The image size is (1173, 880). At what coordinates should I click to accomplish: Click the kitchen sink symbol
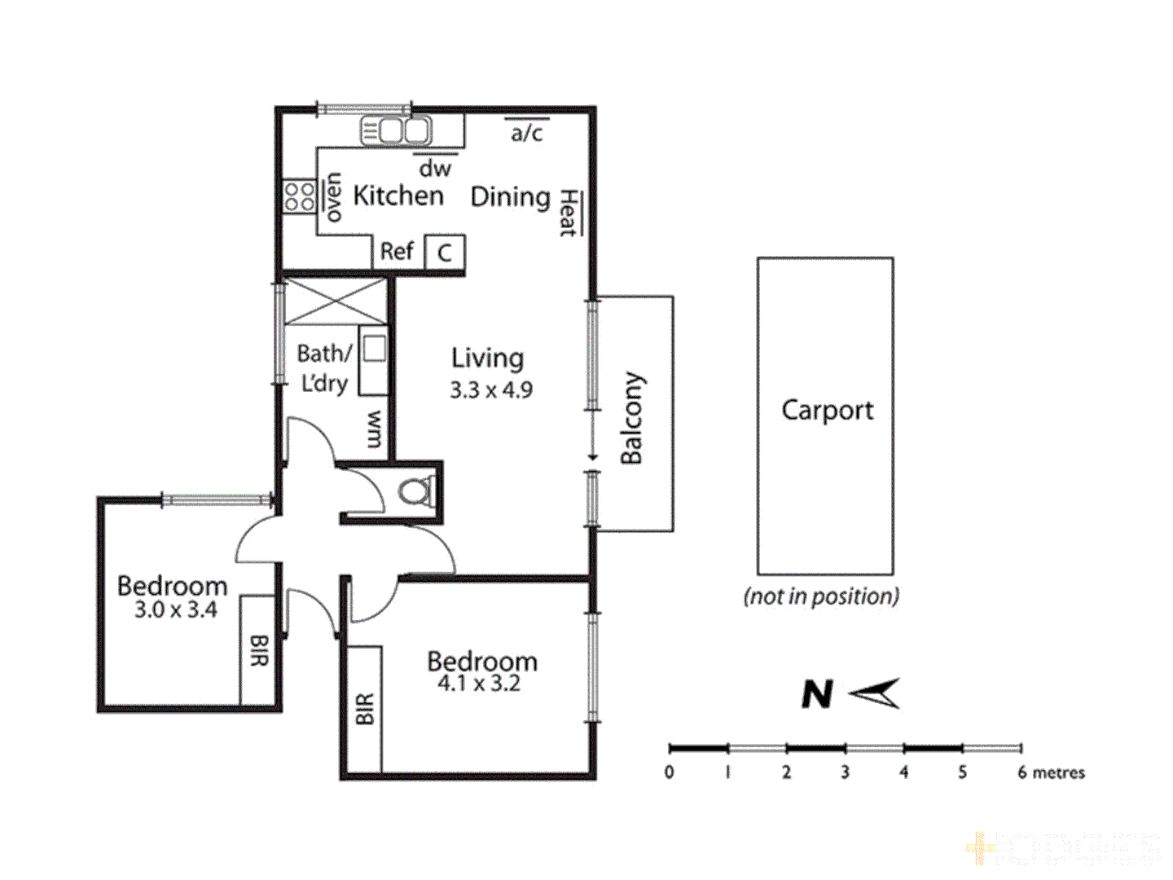[x=397, y=131]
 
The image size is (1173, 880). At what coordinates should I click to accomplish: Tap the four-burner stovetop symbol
[x=299, y=196]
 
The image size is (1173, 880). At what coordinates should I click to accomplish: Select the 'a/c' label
[x=526, y=133]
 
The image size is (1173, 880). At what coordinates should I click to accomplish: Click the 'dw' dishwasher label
[x=435, y=169]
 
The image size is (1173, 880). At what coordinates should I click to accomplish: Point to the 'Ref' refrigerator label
[x=397, y=251]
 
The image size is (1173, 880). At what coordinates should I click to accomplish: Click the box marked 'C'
[x=445, y=253]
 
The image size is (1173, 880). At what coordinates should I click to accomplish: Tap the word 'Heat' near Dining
[x=568, y=213]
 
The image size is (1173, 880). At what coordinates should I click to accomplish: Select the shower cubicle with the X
[x=335, y=301]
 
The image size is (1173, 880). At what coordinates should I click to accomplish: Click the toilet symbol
[x=416, y=491]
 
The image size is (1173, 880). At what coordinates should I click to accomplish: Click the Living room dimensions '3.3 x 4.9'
[x=491, y=390]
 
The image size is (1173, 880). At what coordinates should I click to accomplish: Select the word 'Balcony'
[x=632, y=418]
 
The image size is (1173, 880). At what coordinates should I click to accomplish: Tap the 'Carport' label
[x=827, y=410]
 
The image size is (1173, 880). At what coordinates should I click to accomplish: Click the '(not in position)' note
[x=821, y=596]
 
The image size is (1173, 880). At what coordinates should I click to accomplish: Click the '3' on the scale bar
[x=845, y=772]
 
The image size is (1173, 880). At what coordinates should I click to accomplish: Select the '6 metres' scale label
[x=1051, y=772]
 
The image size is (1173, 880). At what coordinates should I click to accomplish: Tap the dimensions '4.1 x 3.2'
[x=479, y=684]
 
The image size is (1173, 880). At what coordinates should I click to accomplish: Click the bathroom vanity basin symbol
[x=374, y=348]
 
